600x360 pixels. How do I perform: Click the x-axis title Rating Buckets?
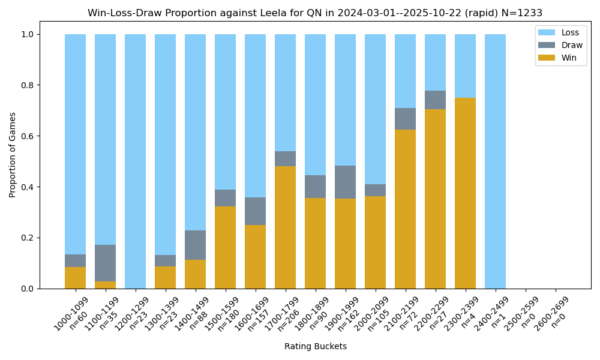pyautogui.click(x=315, y=346)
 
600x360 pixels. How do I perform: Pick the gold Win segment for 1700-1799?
pyautogui.click(x=285, y=227)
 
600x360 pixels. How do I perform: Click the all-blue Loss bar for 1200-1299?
pyautogui.click(x=135, y=161)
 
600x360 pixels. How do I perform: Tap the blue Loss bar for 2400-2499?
pyautogui.click(x=495, y=161)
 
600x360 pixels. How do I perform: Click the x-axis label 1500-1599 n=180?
pyautogui.click(x=223, y=314)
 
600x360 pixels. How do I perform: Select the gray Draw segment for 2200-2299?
pyautogui.click(x=435, y=100)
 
